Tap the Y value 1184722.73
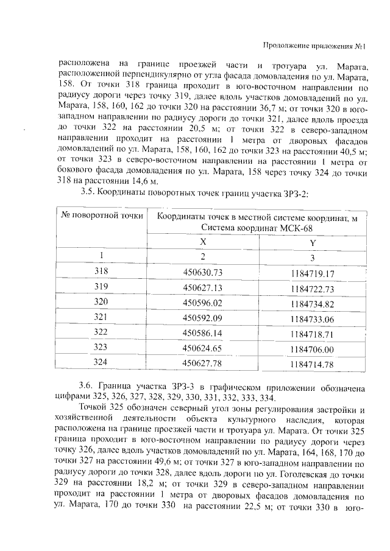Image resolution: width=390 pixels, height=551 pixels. point(313,287)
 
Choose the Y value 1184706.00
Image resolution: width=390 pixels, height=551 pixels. point(313,349)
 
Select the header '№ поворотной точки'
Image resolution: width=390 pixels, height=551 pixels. point(101,215)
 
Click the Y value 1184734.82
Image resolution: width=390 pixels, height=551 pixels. point(313,303)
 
